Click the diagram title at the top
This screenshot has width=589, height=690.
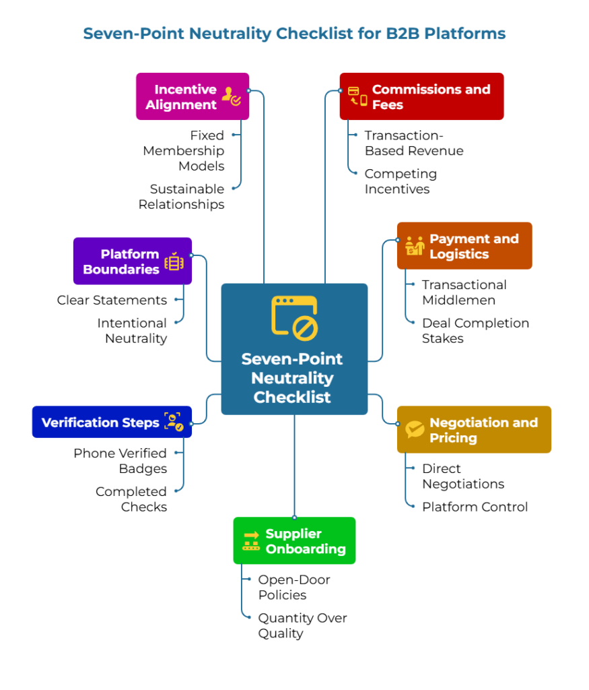coord(294,33)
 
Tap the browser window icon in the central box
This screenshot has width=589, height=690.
coord(294,317)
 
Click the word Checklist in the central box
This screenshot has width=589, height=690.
coord(292,397)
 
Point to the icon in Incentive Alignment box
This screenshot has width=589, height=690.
coord(231,97)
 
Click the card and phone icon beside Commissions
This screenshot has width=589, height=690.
coord(357,96)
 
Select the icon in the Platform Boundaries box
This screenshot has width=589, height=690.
coord(174,261)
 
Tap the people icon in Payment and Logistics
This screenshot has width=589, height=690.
coord(415,246)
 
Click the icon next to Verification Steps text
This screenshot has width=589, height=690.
coord(174,422)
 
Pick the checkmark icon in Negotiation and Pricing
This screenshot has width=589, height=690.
coord(415,429)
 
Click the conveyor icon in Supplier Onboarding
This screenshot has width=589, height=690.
coord(251,540)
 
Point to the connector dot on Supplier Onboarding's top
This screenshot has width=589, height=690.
coord(294,517)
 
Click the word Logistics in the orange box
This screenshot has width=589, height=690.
coord(458,254)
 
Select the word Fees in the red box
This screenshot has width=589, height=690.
coord(387,104)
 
